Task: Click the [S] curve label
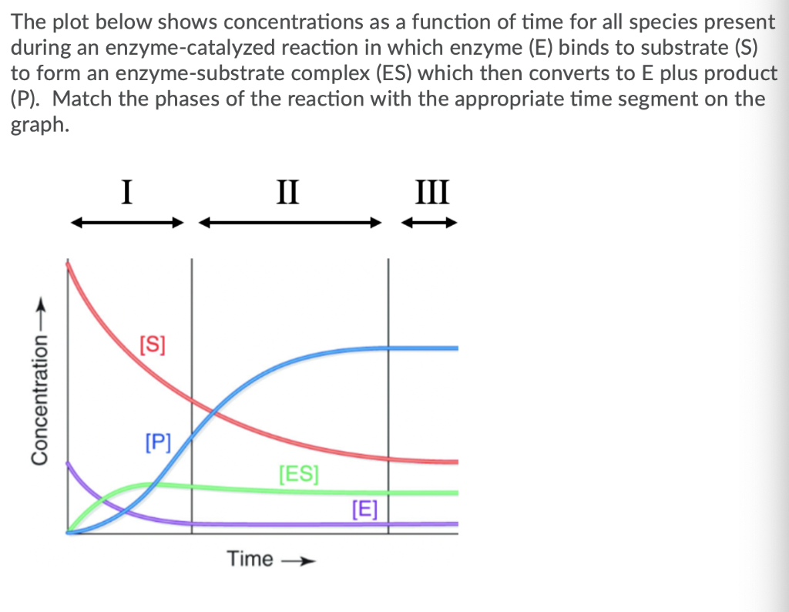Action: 152,342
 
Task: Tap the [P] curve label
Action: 158,442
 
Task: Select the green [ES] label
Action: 298,472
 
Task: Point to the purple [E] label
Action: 364,508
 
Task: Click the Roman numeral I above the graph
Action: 129,190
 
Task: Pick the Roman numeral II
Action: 289,190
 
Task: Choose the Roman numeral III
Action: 430,190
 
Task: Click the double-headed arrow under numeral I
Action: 129,224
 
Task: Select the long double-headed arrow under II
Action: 290,224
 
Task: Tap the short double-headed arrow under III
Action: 431,224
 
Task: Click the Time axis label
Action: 250,559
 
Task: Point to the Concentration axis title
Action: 37,400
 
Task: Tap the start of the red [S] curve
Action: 69,264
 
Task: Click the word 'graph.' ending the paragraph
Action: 39,125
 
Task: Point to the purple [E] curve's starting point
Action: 69,463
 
